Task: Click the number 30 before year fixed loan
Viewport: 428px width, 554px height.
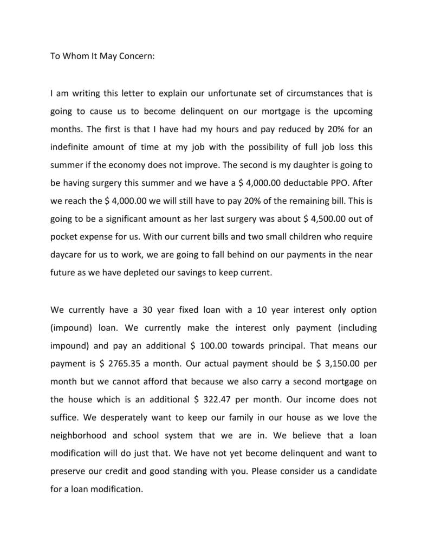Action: click(148, 310)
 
